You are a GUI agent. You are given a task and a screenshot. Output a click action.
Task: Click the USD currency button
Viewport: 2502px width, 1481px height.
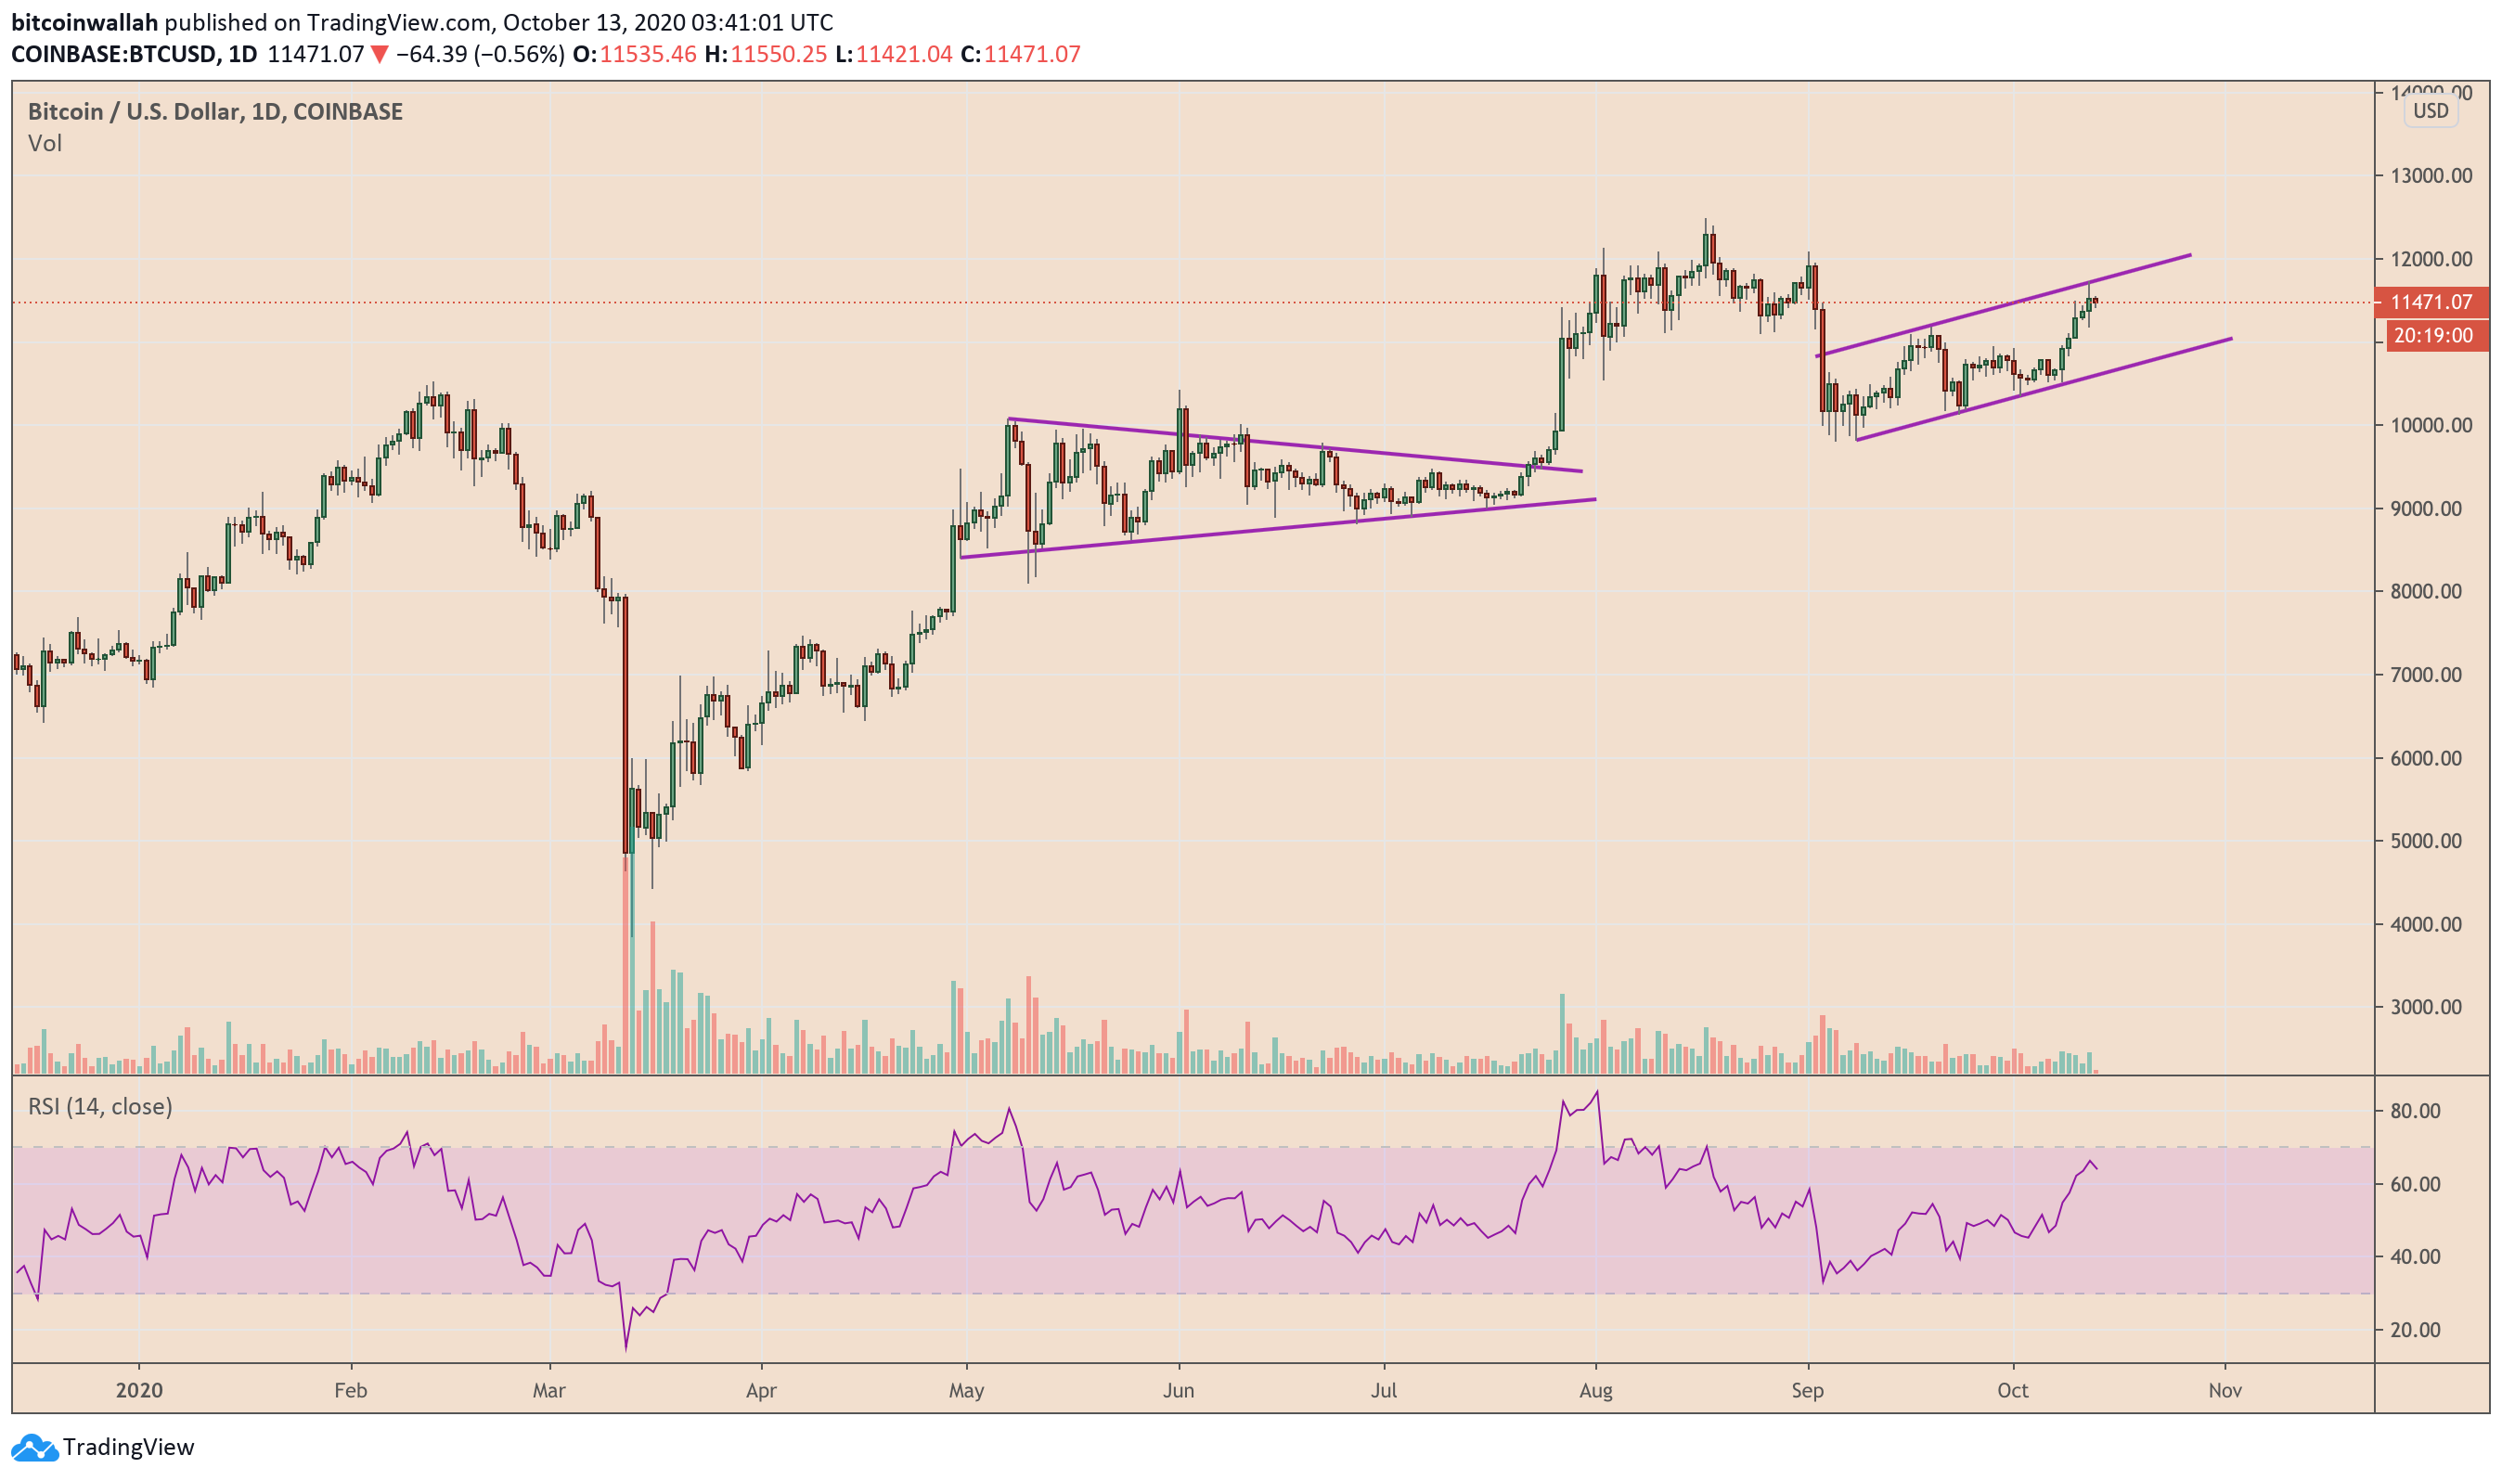click(2431, 110)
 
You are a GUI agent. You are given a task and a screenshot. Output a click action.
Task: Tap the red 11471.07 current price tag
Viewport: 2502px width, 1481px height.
click(2431, 303)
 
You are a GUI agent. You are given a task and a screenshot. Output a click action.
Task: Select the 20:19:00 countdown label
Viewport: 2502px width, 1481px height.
click(2433, 336)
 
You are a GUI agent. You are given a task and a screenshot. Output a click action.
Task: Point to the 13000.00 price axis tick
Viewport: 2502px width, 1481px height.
click(2431, 175)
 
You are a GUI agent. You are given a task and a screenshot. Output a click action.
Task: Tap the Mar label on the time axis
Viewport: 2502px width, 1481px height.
click(548, 1391)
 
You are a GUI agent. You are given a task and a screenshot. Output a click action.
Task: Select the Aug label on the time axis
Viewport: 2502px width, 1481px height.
click(1596, 1391)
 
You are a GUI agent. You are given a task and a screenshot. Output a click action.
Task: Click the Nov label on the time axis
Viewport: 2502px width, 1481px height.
click(2225, 1391)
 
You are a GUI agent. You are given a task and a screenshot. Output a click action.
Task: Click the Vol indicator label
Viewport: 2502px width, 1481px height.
click(45, 144)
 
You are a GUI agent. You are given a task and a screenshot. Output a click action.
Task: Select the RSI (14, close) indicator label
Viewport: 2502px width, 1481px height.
click(100, 1107)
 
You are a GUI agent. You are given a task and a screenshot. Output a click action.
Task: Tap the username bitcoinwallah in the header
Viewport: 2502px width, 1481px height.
click(84, 22)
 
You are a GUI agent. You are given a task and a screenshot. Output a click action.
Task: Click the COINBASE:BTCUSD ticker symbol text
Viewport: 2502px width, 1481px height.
click(114, 54)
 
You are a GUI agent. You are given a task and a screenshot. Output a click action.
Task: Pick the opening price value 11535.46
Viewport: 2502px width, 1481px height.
click(648, 54)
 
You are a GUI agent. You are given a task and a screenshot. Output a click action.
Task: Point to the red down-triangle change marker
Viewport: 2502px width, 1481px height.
click(380, 54)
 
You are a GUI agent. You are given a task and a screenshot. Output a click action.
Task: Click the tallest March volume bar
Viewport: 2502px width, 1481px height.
click(625, 958)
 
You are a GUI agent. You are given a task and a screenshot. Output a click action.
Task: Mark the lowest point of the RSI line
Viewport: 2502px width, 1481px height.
click(625, 1350)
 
